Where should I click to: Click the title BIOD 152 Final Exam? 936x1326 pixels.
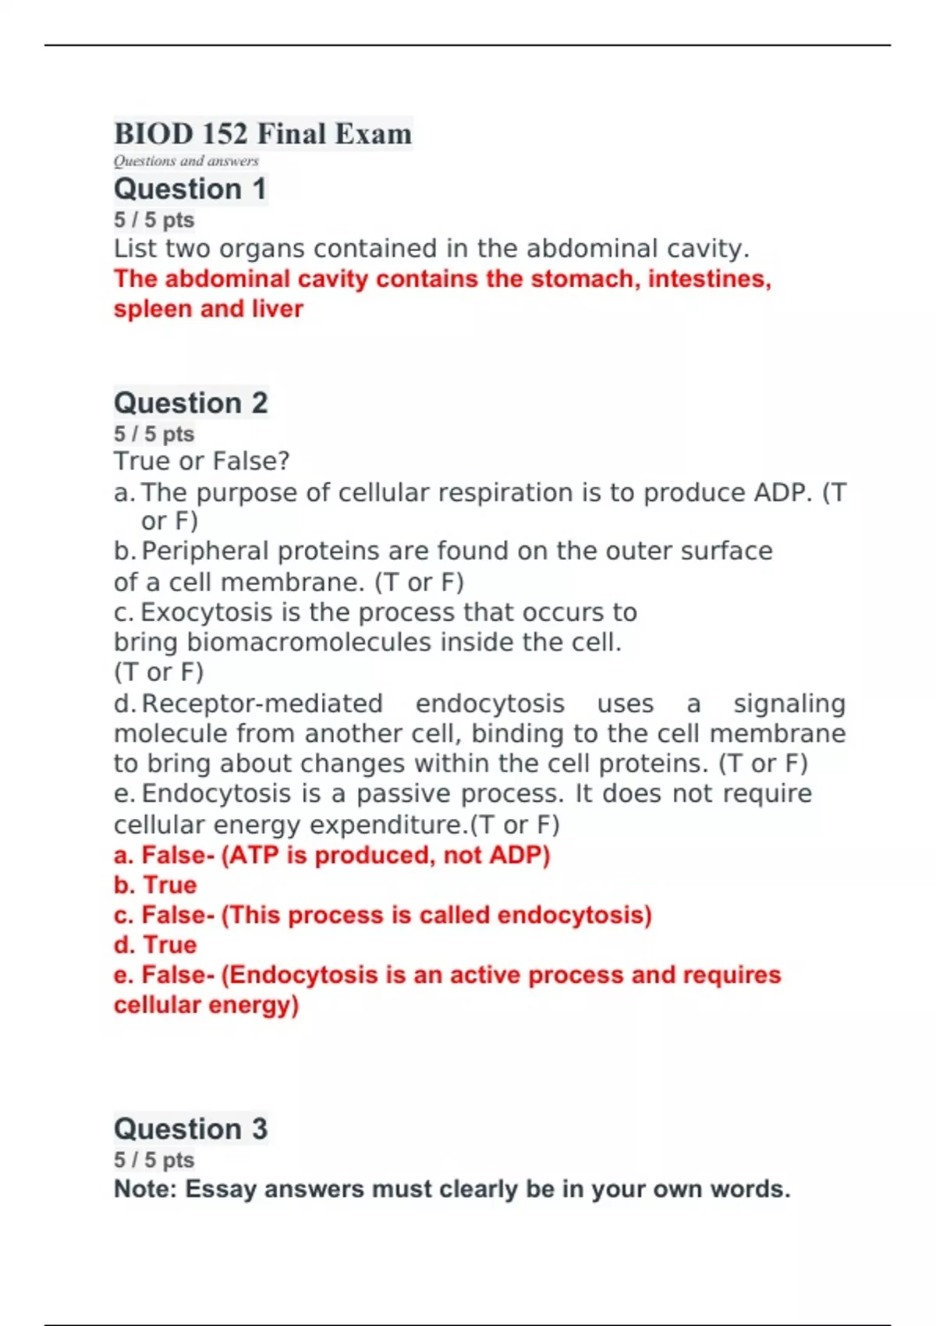(263, 133)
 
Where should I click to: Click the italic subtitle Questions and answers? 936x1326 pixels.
(186, 161)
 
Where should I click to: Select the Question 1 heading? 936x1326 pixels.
(190, 190)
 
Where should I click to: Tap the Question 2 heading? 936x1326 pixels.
(190, 403)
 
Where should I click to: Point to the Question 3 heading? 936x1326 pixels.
(190, 1129)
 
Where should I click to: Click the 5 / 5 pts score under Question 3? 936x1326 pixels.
(154, 1160)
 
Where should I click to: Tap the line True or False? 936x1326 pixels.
(201, 461)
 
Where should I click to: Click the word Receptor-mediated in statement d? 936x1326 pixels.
(262, 704)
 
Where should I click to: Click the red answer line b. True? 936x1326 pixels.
(155, 885)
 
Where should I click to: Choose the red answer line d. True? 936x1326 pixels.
(155, 945)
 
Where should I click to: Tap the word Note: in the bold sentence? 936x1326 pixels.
(146, 1189)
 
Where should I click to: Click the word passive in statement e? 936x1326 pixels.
(406, 794)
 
